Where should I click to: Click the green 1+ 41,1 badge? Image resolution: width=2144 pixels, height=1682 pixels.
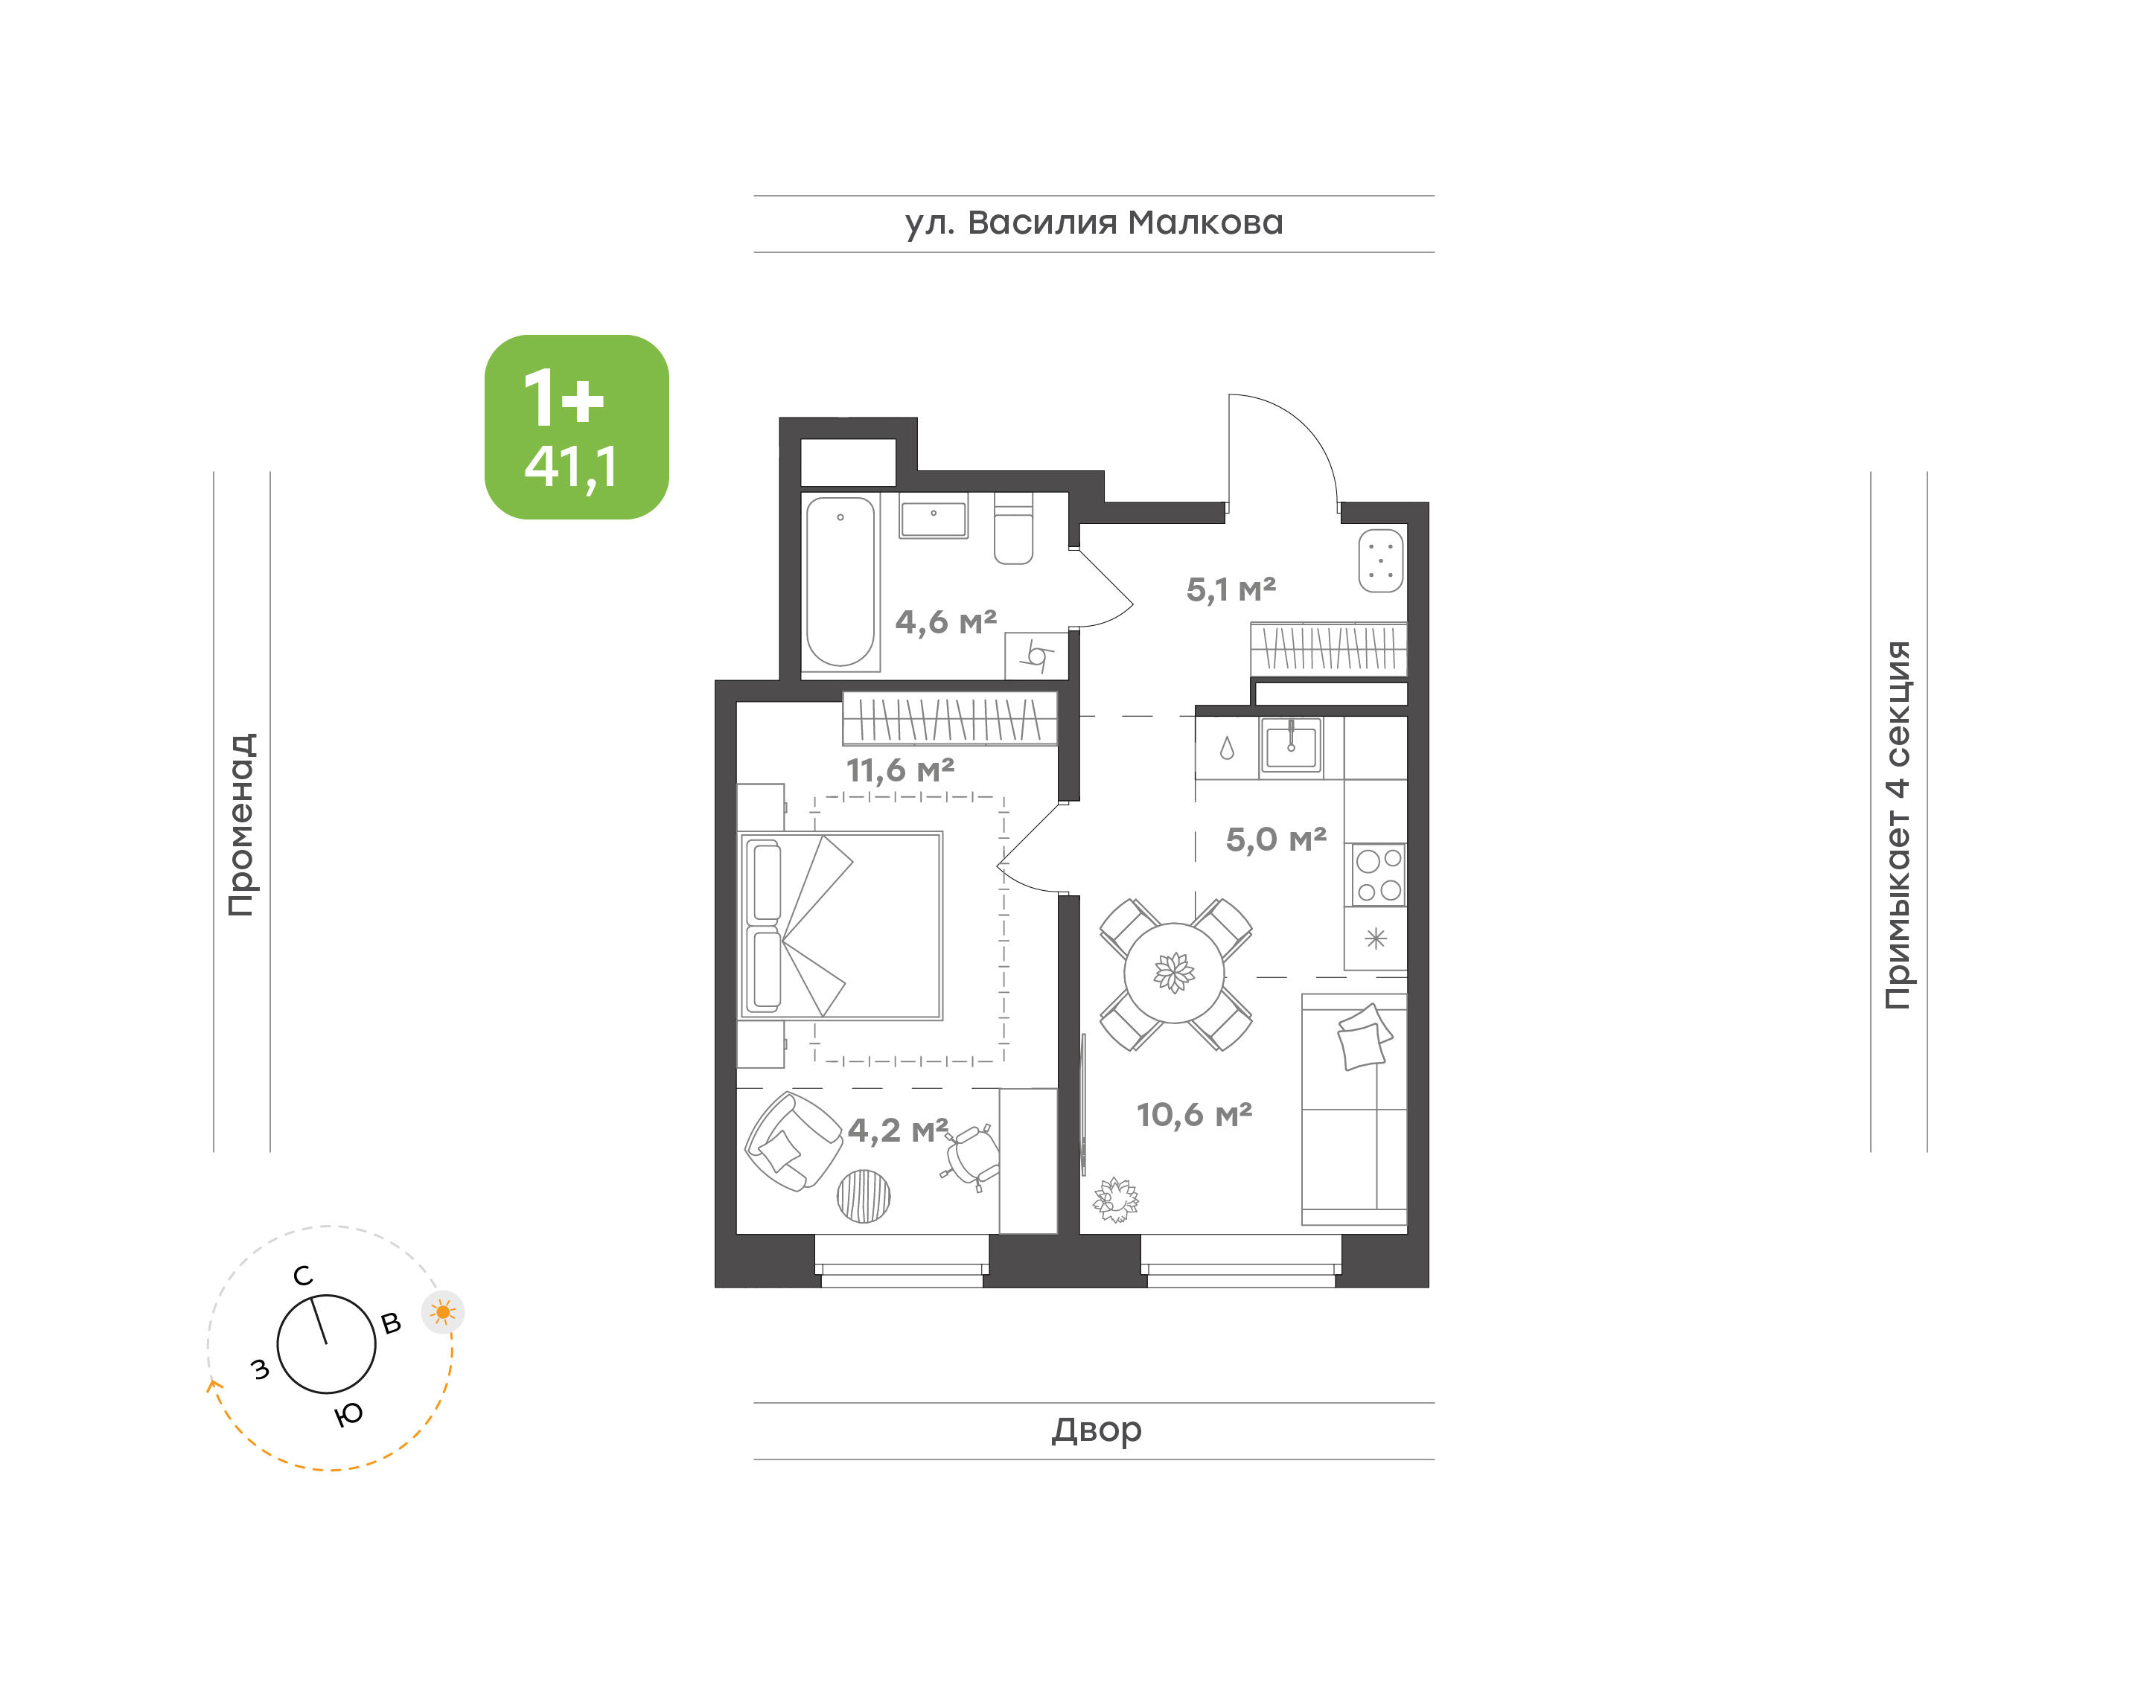576,426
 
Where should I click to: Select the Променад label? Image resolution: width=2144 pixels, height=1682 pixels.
242,825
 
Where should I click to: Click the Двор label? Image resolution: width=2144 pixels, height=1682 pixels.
1096,1430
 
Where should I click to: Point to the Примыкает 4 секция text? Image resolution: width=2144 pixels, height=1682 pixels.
1898,825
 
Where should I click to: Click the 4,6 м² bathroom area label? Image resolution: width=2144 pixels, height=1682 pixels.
945,622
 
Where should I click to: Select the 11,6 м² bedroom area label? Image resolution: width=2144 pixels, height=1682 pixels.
900,770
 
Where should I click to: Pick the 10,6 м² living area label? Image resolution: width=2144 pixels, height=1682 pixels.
1193,1115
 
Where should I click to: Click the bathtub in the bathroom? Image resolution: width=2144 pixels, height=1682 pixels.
840,582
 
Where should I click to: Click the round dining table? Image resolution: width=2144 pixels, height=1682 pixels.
1174,973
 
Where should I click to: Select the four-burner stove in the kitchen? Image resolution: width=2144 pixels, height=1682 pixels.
1378,874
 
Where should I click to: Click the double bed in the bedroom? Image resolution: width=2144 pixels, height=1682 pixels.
840,926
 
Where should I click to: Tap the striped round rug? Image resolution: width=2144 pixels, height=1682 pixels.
864,1197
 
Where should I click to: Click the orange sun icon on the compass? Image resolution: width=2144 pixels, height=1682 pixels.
443,1311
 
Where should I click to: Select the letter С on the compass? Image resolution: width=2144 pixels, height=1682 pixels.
303,1276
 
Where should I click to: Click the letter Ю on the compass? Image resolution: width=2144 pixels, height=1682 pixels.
348,1415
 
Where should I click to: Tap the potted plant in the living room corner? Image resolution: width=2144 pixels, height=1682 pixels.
1116,1200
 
